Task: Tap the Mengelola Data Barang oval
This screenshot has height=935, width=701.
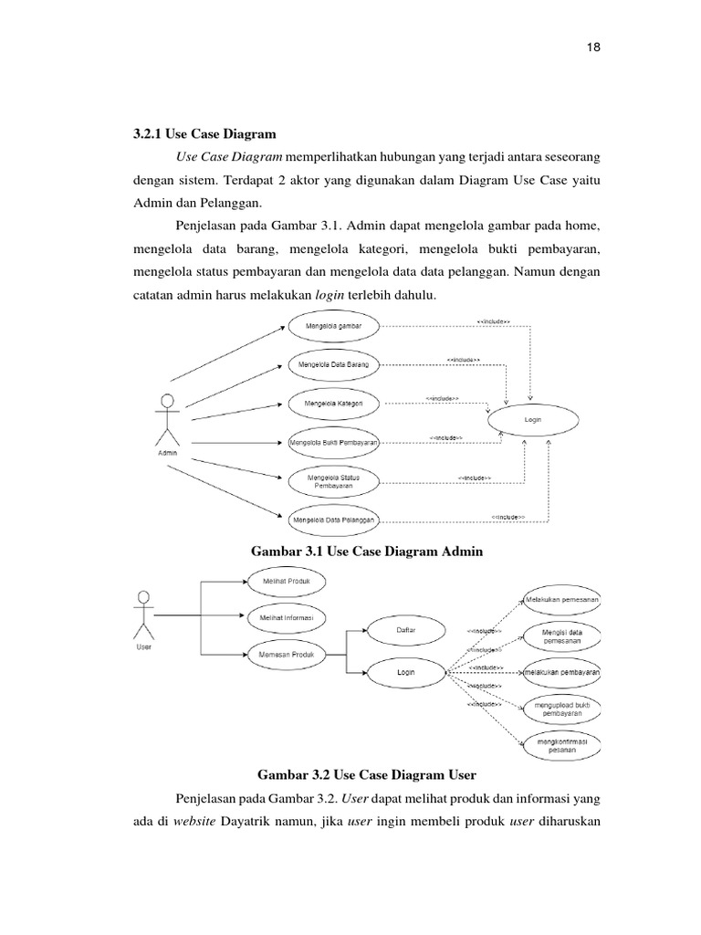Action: point(333,365)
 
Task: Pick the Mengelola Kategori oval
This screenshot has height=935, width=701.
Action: point(333,403)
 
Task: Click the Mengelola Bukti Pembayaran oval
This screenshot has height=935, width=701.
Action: point(333,443)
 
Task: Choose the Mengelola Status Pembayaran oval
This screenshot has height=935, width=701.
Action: point(333,481)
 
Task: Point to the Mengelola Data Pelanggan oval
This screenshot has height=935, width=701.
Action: point(333,520)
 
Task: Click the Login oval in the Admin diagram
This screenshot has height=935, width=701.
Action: point(533,421)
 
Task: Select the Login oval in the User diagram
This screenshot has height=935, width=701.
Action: point(406,672)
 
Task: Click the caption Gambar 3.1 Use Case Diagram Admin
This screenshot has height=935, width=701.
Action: point(365,552)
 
